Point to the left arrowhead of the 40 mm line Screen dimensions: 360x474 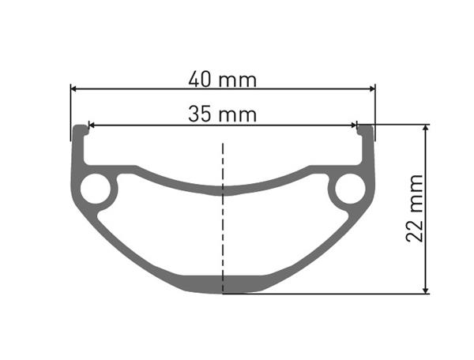74,88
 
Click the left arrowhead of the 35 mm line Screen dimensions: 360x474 91,124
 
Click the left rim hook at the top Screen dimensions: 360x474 80,129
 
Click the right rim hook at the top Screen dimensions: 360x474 366,129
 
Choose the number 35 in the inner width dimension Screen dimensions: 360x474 201,114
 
